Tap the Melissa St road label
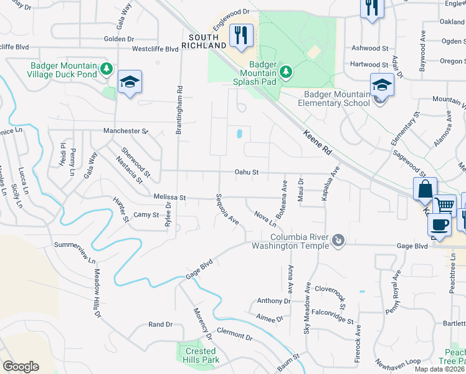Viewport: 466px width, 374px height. [170, 197]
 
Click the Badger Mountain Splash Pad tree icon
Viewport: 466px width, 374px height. [286, 71]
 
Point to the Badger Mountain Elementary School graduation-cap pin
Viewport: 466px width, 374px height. [382, 85]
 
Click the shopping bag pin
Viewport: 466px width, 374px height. [424, 189]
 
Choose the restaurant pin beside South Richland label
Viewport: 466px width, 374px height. [241, 35]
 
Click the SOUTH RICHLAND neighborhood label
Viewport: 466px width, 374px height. [204, 41]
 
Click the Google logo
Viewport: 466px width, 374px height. [21, 367]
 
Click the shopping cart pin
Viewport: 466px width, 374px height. [444, 204]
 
